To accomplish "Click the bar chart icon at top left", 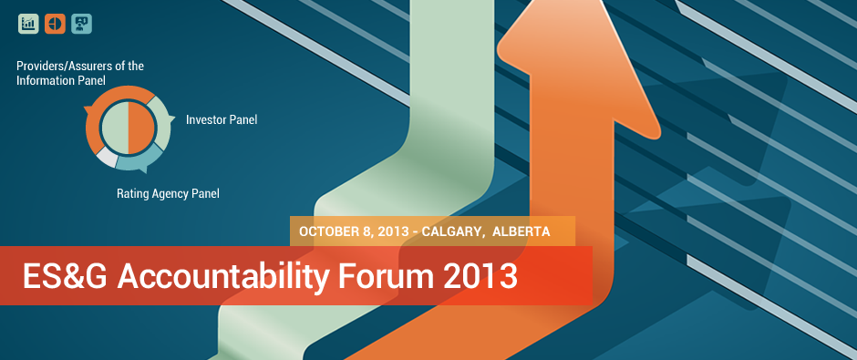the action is point(28,24).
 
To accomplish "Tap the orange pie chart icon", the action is point(56,24).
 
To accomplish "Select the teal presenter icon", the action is point(81,24).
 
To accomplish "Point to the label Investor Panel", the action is point(222,119).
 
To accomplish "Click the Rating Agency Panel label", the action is point(168,193).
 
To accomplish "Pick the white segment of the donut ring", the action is point(108,158).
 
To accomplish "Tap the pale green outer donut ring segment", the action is point(163,122).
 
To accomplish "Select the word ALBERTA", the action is point(521,231).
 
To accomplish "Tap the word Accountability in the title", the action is point(223,277).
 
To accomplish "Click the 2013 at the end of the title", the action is point(480,276).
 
